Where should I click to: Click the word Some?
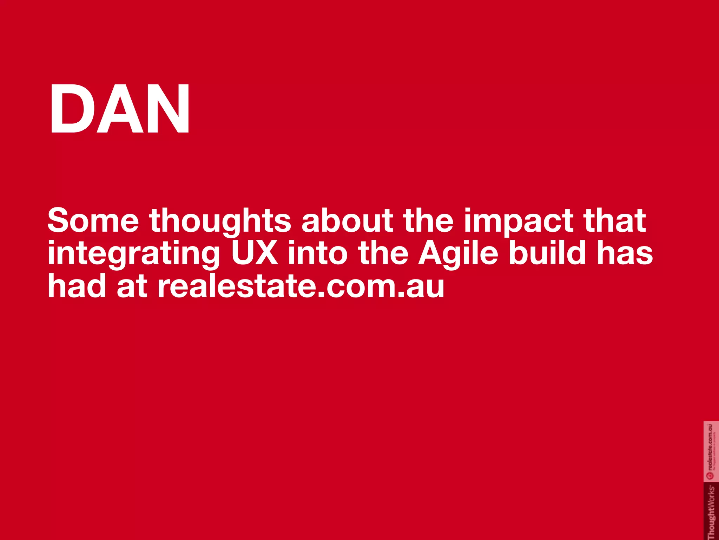93,221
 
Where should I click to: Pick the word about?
347,221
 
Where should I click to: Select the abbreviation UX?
255,253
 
